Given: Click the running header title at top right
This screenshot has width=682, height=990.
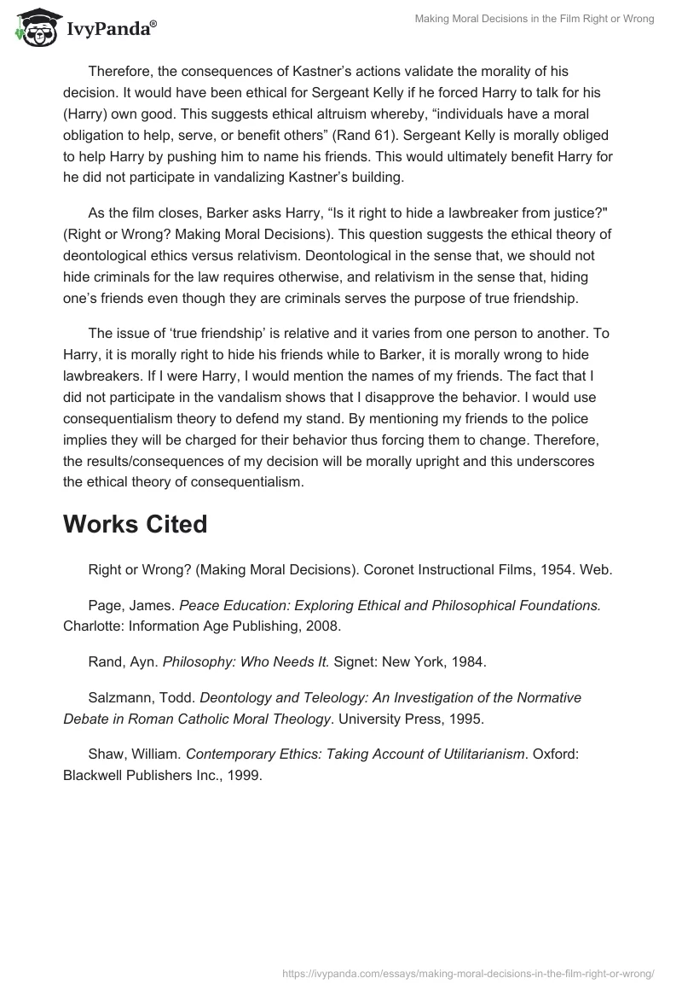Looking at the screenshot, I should pos(535,19).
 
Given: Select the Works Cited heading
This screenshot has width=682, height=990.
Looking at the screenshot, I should pos(135,524).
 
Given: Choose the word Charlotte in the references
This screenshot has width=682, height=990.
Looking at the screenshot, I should pos(92,626).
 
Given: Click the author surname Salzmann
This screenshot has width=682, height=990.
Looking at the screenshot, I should pos(120,697).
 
